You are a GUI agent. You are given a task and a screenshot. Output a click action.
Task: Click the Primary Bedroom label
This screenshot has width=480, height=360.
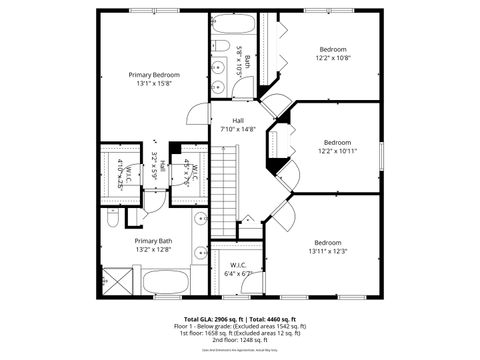(154, 75)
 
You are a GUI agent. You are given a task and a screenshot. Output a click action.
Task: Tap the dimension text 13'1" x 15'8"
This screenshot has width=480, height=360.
(154, 85)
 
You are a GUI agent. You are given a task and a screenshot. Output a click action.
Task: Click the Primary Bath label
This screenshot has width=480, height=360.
(153, 241)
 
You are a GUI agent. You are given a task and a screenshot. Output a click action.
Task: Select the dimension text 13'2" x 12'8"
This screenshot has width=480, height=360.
(153, 251)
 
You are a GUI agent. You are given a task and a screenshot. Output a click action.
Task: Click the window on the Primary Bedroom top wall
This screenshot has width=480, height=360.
(155, 11)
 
